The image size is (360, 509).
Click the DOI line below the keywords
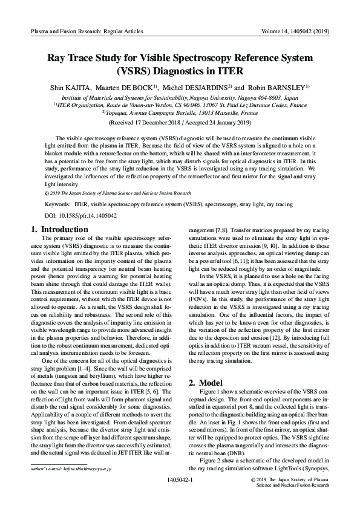[x=76, y=216]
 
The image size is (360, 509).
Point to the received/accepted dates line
[x=180, y=123]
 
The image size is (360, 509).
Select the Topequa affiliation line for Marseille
[x=180, y=112]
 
